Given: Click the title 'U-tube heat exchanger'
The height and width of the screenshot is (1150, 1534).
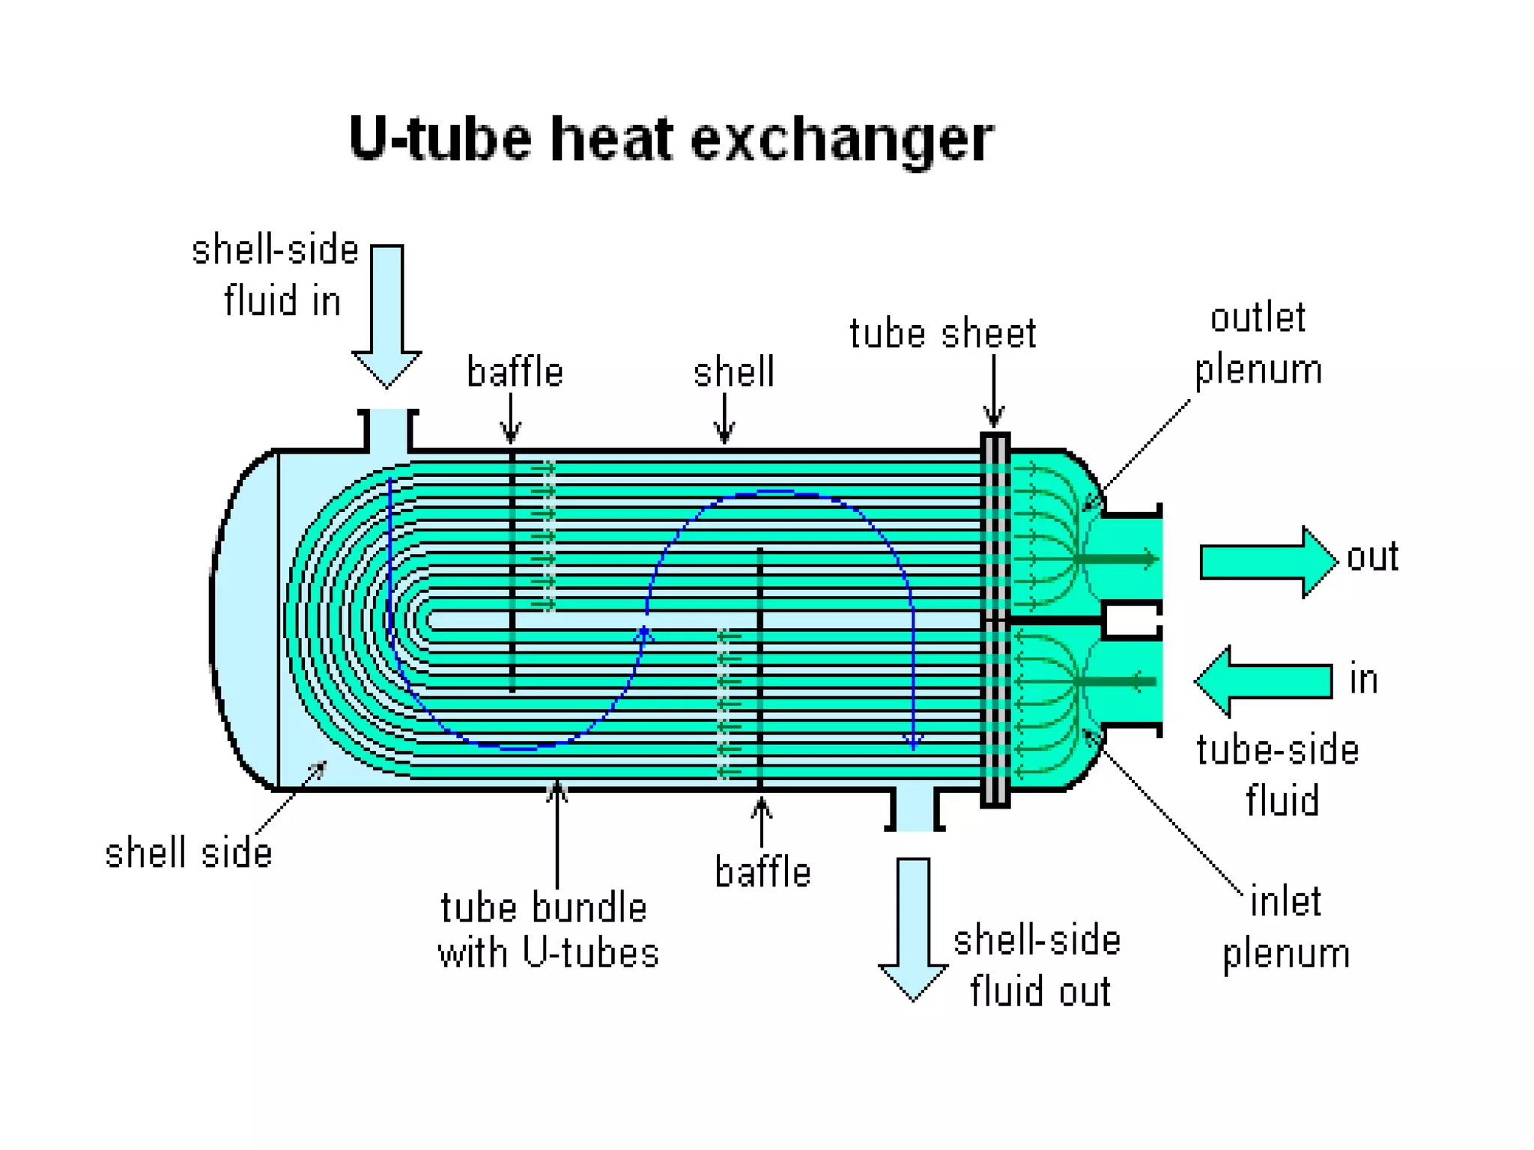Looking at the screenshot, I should tap(671, 139).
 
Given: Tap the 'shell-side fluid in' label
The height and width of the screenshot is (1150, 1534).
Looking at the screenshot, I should tap(276, 276).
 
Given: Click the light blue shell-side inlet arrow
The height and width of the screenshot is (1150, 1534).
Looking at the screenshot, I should tap(387, 315).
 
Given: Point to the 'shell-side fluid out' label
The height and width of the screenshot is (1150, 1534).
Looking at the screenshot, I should tap(1037, 966).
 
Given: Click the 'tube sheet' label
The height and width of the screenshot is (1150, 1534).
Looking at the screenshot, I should tap(943, 334).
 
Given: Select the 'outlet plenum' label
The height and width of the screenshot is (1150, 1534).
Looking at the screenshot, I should tap(1258, 344).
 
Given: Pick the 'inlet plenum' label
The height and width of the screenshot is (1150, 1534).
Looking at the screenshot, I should tap(1286, 927).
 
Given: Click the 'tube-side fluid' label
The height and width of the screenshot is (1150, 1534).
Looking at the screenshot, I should tap(1279, 775).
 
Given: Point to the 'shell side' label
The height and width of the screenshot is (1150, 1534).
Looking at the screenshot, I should tap(189, 854).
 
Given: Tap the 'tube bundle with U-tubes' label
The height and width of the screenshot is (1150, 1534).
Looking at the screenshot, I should tap(548, 930).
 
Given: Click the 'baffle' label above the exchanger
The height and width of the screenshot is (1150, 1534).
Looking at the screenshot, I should tap(515, 372).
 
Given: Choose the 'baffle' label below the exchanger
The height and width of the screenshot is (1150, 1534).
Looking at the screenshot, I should tap(763, 873).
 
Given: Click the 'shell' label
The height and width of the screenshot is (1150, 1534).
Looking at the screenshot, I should tap(734, 372).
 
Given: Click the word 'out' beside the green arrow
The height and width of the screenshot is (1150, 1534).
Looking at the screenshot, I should tap(1372, 557).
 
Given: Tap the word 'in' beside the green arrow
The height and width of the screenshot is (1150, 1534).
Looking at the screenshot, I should tap(1363, 680).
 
